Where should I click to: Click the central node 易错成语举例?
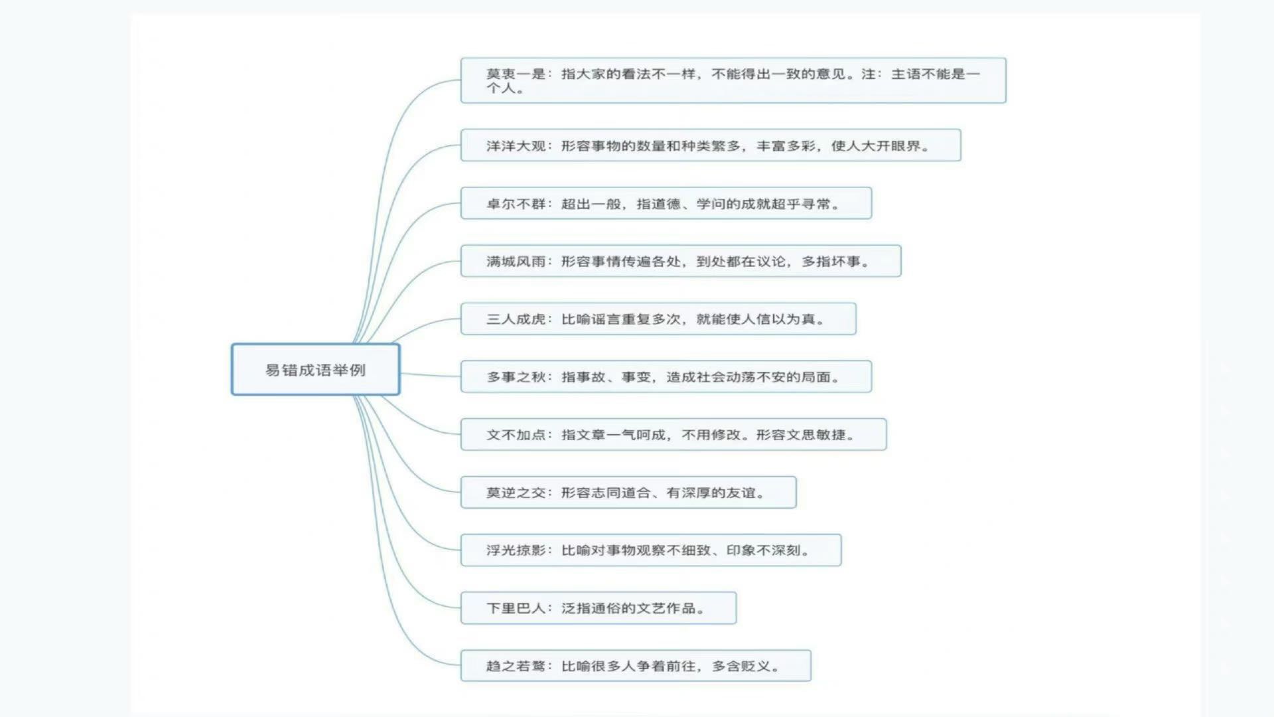coord(315,370)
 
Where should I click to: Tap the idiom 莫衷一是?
coord(516,74)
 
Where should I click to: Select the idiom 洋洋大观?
coord(516,146)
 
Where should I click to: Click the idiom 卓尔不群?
coord(516,204)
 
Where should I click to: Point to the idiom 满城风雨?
coord(516,262)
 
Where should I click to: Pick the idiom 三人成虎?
coord(516,319)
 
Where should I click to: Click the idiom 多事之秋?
coord(516,377)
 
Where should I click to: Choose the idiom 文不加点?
coord(516,435)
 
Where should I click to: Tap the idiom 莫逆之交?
coord(516,493)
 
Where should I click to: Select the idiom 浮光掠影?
coord(516,550)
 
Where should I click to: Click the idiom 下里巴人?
coord(516,608)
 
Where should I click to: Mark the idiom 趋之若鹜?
coord(516,666)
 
